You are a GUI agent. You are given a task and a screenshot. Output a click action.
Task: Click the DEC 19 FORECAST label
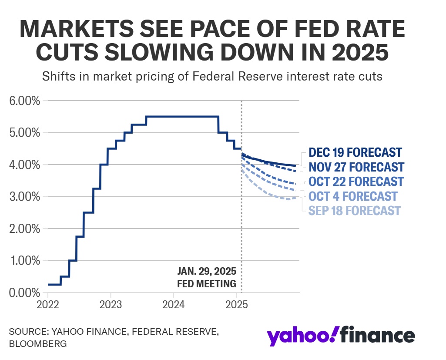pyautogui.click(x=355, y=152)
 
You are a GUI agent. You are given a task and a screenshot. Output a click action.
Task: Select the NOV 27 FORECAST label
pyautogui.click(x=356, y=167)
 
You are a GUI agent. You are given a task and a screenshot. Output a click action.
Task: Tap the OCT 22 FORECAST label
pyautogui.click(x=355, y=181)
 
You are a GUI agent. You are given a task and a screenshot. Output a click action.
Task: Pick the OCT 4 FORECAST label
pyautogui.click(x=352, y=196)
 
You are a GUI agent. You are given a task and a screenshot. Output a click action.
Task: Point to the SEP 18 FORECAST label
pyautogui.click(x=354, y=211)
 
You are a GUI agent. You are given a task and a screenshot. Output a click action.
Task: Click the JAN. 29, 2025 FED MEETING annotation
pyautogui.click(x=207, y=277)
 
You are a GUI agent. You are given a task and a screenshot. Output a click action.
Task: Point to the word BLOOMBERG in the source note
pyautogui.click(x=37, y=343)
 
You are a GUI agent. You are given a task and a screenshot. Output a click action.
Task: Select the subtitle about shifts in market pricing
pyautogui.click(x=212, y=77)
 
